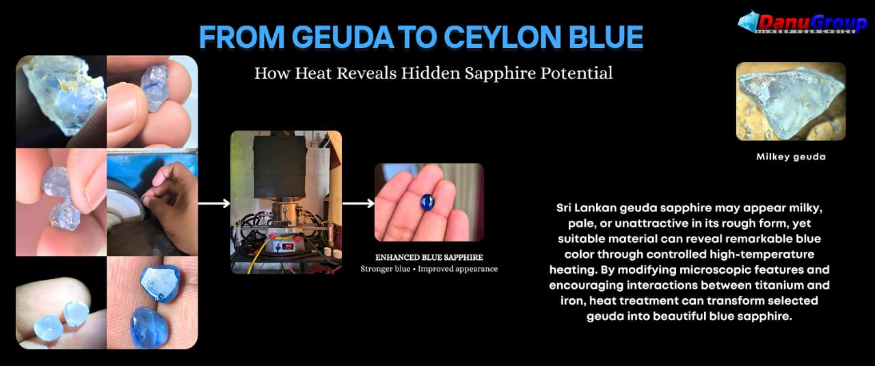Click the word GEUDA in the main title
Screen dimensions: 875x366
click(x=342, y=37)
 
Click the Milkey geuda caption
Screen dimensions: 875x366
click(x=791, y=157)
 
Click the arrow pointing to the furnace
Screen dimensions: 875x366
click(x=214, y=203)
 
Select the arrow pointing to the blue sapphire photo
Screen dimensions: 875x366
click(x=358, y=203)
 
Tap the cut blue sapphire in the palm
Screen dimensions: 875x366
click(x=427, y=202)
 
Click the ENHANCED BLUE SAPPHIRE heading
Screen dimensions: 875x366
click(x=429, y=257)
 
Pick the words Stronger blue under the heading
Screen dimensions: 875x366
click(x=385, y=269)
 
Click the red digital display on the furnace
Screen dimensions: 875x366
click(x=288, y=247)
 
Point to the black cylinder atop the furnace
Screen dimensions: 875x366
click(x=280, y=167)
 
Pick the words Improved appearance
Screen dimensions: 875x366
click(x=458, y=269)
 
